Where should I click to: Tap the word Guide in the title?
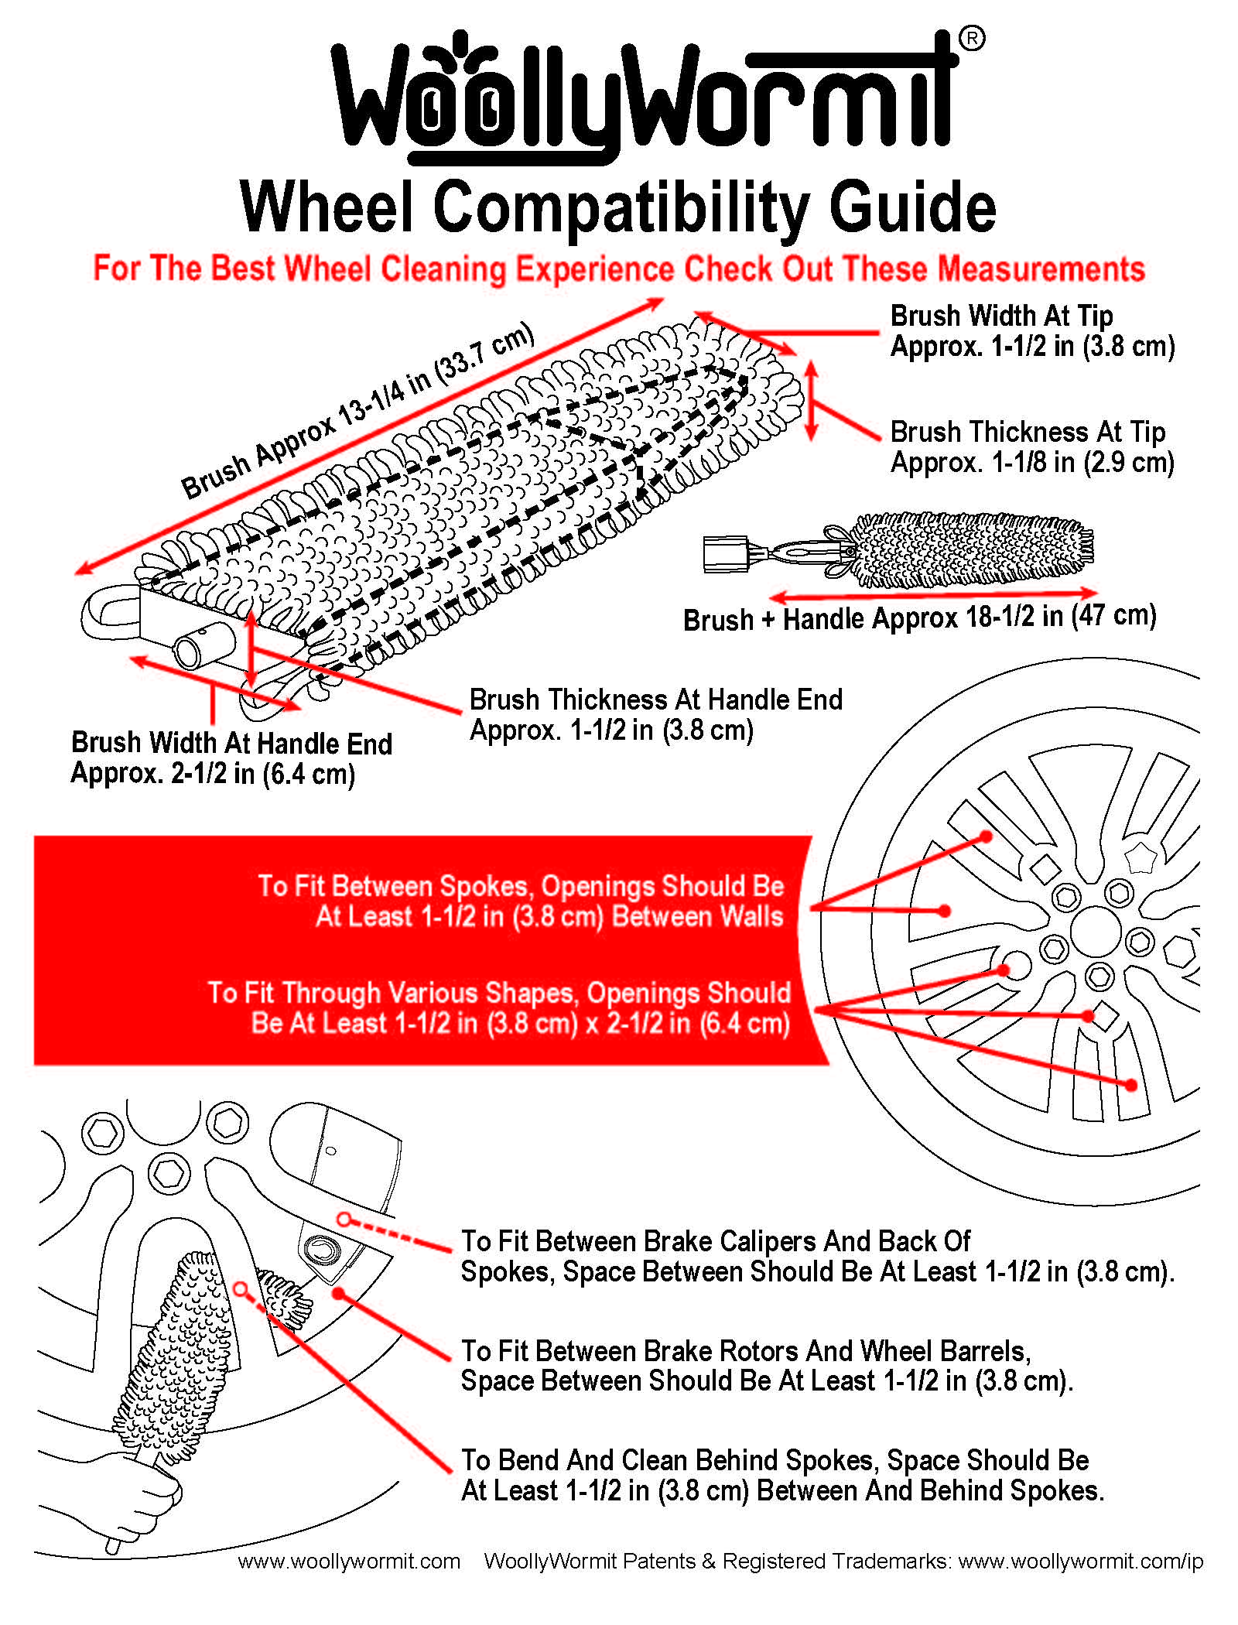point(912,207)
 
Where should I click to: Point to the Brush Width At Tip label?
point(1001,316)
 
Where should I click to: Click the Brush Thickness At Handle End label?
point(655,700)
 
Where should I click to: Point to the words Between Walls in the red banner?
point(697,917)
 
